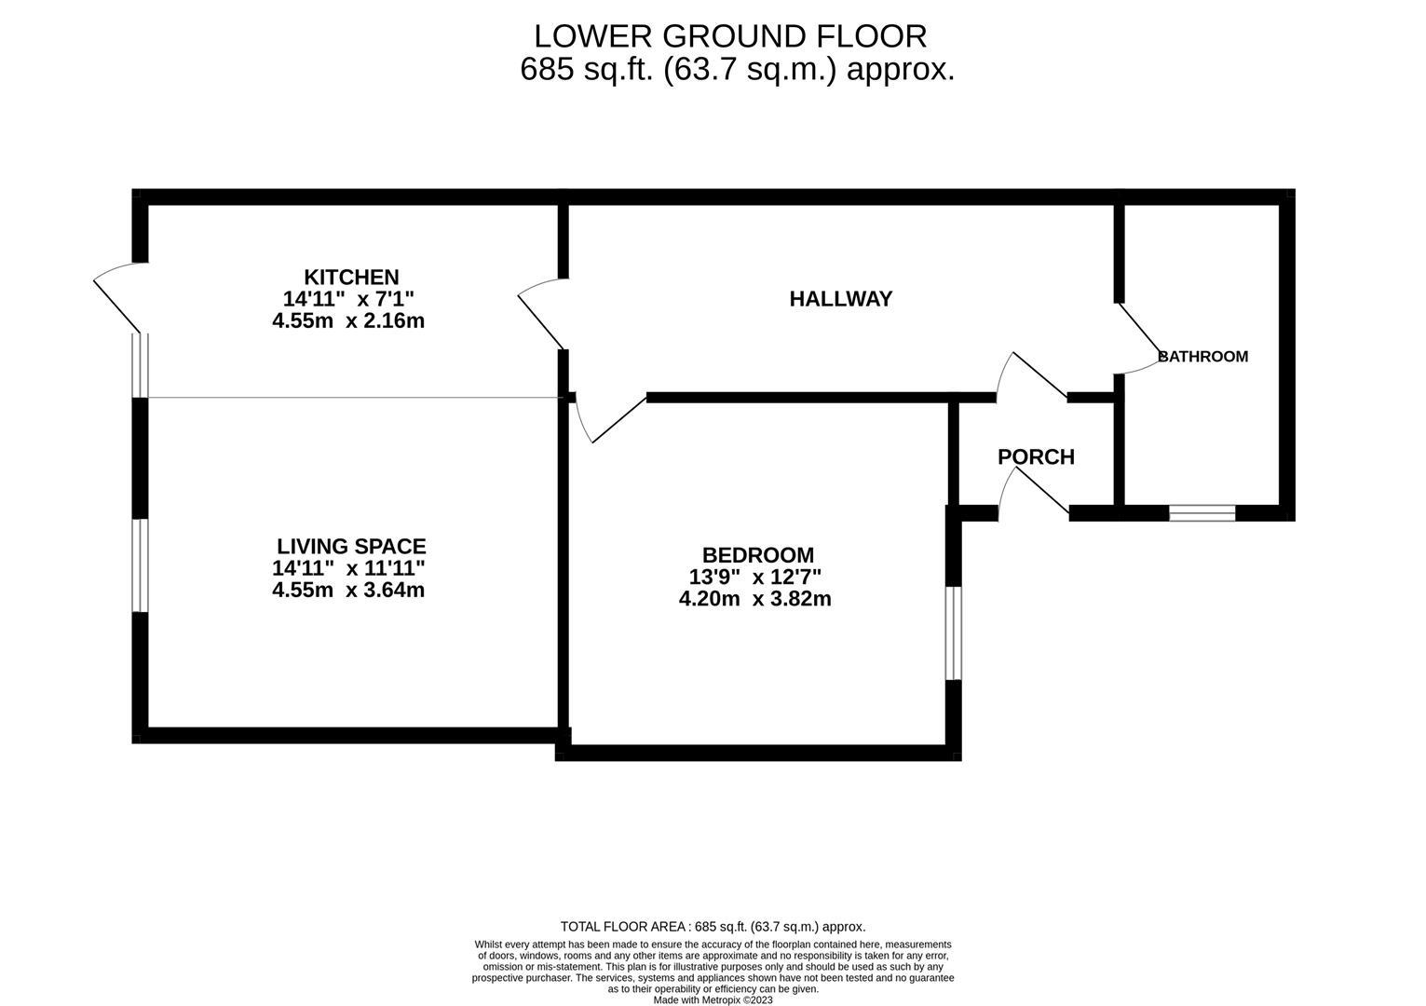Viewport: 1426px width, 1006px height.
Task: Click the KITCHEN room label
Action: click(351, 277)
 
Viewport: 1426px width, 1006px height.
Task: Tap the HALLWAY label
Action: click(840, 299)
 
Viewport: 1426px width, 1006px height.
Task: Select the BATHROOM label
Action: click(1202, 356)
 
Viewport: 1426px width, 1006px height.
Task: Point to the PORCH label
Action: click(1036, 456)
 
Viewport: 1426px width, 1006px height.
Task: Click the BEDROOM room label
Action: click(757, 555)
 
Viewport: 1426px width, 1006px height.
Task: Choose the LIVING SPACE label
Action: click(351, 547)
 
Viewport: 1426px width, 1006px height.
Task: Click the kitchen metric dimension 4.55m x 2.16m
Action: click(348, 321)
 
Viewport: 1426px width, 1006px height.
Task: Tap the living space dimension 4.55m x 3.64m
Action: click(348, 590)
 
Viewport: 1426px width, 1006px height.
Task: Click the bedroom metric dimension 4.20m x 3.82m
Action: click(755, 599)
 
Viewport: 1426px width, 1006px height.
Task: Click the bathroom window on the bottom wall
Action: click(1202, 512)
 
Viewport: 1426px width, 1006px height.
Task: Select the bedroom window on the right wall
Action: click(953, 633)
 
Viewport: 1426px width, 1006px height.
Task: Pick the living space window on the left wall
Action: click(140, 565)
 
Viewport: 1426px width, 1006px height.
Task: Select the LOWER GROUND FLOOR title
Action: click(730, 36)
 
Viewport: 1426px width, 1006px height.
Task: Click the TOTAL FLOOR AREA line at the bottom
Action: click(713, 927)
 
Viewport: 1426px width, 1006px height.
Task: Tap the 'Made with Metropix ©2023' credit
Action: click(713, 999)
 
